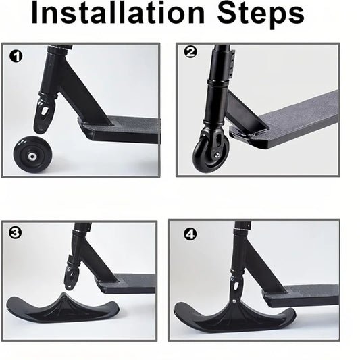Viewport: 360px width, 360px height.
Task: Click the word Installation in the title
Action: pyautogui.click(x=119, y=15)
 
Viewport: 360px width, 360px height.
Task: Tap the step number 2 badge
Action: pyautogui.click(x=190, y=52)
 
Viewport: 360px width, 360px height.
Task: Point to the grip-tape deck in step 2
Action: pyautogui.click(x=290, y=115)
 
